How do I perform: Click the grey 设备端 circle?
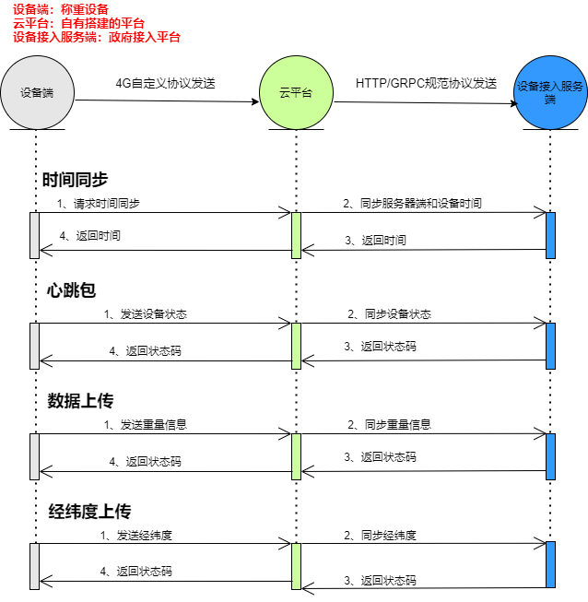click(36, 93)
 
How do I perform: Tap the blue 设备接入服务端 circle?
click(549, 93)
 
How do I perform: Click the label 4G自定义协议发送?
click(166, 82)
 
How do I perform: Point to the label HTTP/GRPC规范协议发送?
click(426, 83)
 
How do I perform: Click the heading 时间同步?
click(76, 179)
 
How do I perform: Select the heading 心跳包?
click(72, 290)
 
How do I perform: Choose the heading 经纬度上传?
click(89, 512)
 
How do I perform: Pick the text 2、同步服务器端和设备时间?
click(412, 203)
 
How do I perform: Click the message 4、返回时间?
click(89, 236)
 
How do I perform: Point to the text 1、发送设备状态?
click(145, 314)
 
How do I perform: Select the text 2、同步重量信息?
click(389, 425)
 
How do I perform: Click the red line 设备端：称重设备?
click(61, 9)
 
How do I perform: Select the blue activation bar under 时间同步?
click(550, 235)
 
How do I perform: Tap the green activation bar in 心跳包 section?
click(296, 345)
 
